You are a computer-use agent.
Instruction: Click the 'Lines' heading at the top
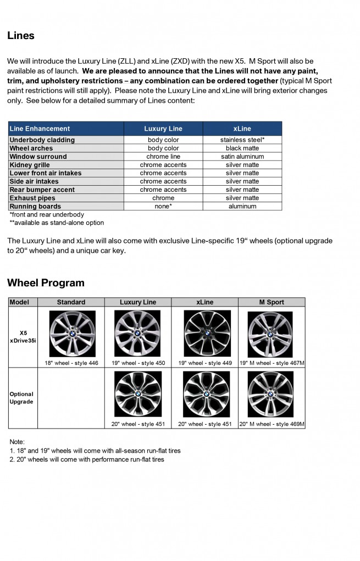pyautogui.click(x=21, y=36)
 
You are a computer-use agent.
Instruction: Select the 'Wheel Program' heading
pyautogui.click(x=46, y=283)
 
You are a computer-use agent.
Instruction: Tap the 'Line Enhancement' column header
pyautogui.click(x=40, y=129)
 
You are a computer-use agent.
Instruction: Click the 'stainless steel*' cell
pyautogui.click(x=242, y=140)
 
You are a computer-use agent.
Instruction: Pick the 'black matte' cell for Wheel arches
pyautogui.click(x=242, y=148)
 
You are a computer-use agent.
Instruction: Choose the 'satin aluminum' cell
pyautogui.click(x=242, y=157)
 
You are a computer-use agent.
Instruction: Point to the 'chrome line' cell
pyautogui.click(x=163, y=157)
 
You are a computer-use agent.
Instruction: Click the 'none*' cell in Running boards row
pyautogui.click(x=163, y=206)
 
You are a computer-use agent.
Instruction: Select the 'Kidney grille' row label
pyautogui.click(x=30, y=165)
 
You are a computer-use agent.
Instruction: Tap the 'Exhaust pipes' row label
pyautogui.click(x=32, y=198)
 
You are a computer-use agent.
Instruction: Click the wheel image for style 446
pyautogui.click(x=72, y=334)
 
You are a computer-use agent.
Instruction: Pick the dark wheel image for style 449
pyautogui.click(x=207, y=334)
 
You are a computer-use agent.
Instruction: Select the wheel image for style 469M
pyautogui.click(x=270, y=394)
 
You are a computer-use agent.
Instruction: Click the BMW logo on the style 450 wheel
pyautogui.click(x=137, y=333)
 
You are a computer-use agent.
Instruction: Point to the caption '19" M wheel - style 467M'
pyautogui.click(x=272, y=363)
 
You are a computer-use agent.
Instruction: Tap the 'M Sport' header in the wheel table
pyautogui.click(x=272, y=302)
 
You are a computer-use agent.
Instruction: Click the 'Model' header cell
pyautogui.click(x=19, y=302)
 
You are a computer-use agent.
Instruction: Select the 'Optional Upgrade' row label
pyautogui.click(x=21, y=398)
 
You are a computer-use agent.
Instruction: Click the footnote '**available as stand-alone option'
pyautogui.click(x=57, y=223)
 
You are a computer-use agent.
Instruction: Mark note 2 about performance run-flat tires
pyautogui.click(x=87, y=459)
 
